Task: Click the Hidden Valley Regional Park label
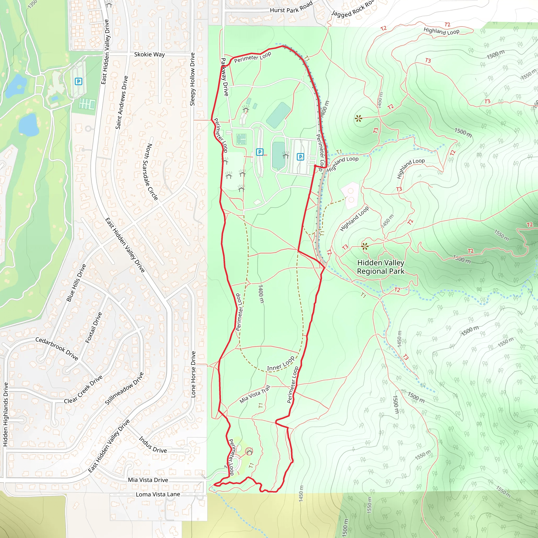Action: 380,267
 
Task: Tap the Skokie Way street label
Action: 149,54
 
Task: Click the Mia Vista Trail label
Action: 255,394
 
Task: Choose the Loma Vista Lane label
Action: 158,494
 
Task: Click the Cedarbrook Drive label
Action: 56,349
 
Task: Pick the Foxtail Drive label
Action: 94,328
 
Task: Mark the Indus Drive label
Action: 153,445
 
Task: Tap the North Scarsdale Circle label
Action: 152,172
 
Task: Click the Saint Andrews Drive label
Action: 122,102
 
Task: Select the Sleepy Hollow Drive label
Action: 192,79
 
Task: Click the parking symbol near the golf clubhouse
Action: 79,82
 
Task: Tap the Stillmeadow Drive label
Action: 124,389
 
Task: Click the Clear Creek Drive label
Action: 83,389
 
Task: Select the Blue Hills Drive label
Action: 76,283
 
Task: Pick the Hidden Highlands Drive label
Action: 5,414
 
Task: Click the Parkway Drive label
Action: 224,77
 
